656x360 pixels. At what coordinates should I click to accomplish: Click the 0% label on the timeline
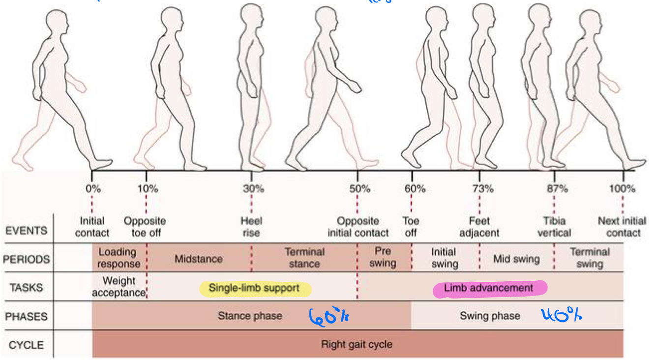tap(92, 188)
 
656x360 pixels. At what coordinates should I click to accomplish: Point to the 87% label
tap(557, 188)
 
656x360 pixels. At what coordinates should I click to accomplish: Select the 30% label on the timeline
tap(253, 188)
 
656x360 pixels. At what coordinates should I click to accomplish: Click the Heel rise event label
tap(251, 227)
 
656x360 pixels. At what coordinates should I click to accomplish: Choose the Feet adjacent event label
tap(479, 227)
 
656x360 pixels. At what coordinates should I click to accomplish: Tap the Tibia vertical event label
tap(554, 227)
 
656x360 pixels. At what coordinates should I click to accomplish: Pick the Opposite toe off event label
tap(145, 227)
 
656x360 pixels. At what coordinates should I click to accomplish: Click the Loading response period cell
tap(118, 258)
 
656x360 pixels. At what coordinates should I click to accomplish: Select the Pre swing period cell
tap(383, 257)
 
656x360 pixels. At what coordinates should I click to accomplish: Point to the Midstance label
tap(198, 259)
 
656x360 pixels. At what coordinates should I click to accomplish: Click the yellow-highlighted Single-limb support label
tap(254, 288)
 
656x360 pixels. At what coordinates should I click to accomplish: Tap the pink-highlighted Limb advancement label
tap(488, 288)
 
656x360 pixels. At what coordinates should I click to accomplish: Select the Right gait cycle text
tap(357, 344)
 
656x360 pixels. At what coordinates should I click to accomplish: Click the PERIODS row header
tap(27, 260)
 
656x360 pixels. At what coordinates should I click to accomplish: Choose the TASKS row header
tap(27, 288)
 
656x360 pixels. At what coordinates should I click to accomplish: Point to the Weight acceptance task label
tap(119, 287)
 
